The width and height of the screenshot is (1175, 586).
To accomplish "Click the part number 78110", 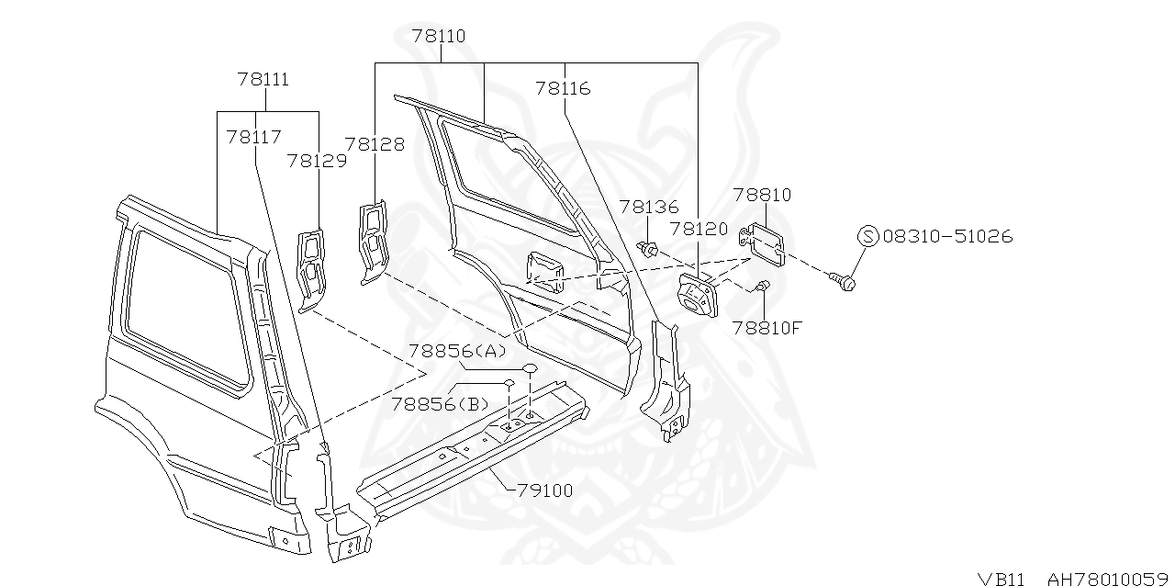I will pos(438,37).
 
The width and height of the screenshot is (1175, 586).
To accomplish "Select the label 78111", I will pos(263,80).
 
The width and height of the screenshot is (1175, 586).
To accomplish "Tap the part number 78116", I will pos(563,89).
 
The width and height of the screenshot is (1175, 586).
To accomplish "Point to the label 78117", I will pos(253,137).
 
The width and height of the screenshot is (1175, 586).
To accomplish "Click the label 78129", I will pos(317,161).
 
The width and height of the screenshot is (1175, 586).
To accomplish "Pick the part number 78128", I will pos(375,144).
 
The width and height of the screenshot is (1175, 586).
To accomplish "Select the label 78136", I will pos(648,208).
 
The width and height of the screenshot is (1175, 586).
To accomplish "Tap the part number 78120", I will pos(699,229).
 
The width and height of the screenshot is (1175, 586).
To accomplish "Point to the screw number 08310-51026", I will pos(947,237).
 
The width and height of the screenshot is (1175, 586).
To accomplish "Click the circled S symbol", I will pos(868,237).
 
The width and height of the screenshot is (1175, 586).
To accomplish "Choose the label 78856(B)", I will pos(440,403).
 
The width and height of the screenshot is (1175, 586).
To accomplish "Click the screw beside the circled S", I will pos(843,278).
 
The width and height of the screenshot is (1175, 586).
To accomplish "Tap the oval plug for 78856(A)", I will pos(530,367).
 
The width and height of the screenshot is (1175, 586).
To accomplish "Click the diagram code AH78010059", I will pos(1108,578).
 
